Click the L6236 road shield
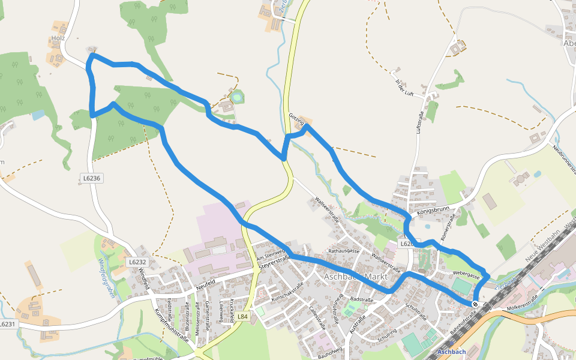click(92, 178)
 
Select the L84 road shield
click(242, 316)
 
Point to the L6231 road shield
click(7, 324)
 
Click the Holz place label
click(58, 39)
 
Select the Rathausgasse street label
click(344, 251)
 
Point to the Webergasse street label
click(466, 274)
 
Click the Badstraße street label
click(362, 298)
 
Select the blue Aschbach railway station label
click(452, 351)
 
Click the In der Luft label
click(405, 87)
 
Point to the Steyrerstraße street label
click(274, 261)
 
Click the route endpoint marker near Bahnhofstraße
click(475, 304)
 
